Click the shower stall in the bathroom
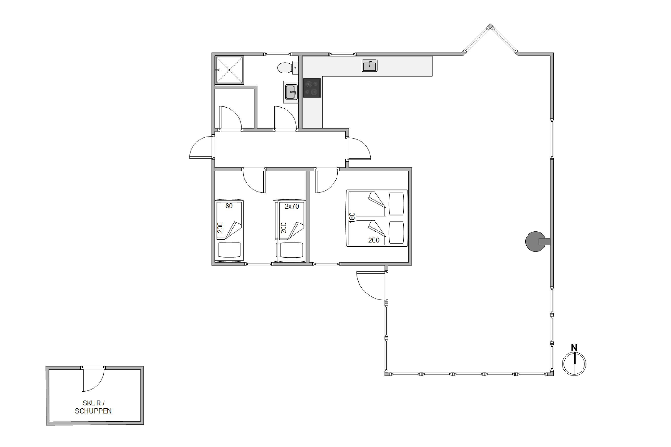click(229, 70)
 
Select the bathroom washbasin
click(291, 92)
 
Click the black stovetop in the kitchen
click(312, 88)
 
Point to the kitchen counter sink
click(369, 65)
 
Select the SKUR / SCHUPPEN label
click(93, 407)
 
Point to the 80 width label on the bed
click(229, 206)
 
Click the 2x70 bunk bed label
click(292, 206)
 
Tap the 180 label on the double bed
click(352, 217)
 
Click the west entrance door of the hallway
click(201, 147)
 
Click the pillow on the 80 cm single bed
click(229, 250)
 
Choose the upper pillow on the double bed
click(397, 204)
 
